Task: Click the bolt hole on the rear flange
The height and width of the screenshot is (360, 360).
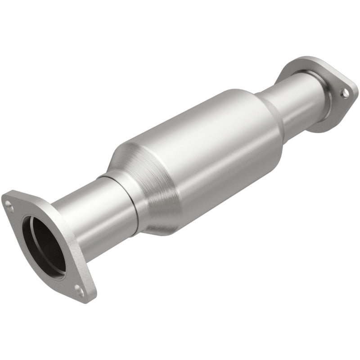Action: click(344, 93)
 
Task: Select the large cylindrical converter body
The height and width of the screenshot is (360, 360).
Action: click(202, 148)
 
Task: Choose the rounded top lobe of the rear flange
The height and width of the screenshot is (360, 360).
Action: click(299, 63)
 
